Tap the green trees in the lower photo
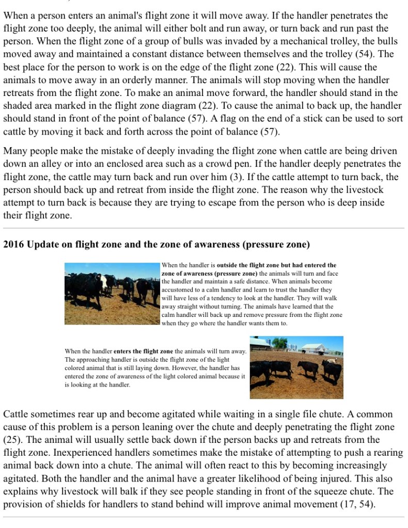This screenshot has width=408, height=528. pos(279,343)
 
